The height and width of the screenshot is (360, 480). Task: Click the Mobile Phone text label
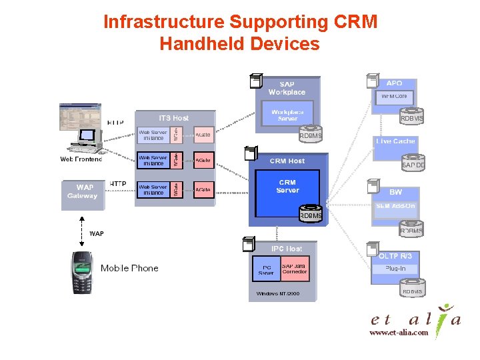[129, 268]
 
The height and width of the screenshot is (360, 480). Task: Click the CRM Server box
[288, 187]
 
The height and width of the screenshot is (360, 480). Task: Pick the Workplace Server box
[287, 115]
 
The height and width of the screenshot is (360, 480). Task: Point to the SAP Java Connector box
[295, 268]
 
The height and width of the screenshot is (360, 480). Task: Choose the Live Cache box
[395, 141]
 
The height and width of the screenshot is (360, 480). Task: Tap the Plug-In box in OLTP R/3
[395, 269]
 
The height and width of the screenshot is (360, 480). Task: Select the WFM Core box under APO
[394, 97]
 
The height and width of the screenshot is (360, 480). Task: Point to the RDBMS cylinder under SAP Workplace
[311, 135]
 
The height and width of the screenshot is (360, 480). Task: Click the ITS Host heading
[173, 118]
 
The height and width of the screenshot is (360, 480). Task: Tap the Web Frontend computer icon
[80, 130]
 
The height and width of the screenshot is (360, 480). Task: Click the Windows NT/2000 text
[278, 293]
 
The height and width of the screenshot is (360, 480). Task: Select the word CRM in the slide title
[355, 22]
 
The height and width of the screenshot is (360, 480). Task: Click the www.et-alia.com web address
[399, 333]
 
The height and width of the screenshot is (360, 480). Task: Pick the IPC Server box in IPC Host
[266, 269]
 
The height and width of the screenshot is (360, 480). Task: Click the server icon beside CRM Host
[251, 154]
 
